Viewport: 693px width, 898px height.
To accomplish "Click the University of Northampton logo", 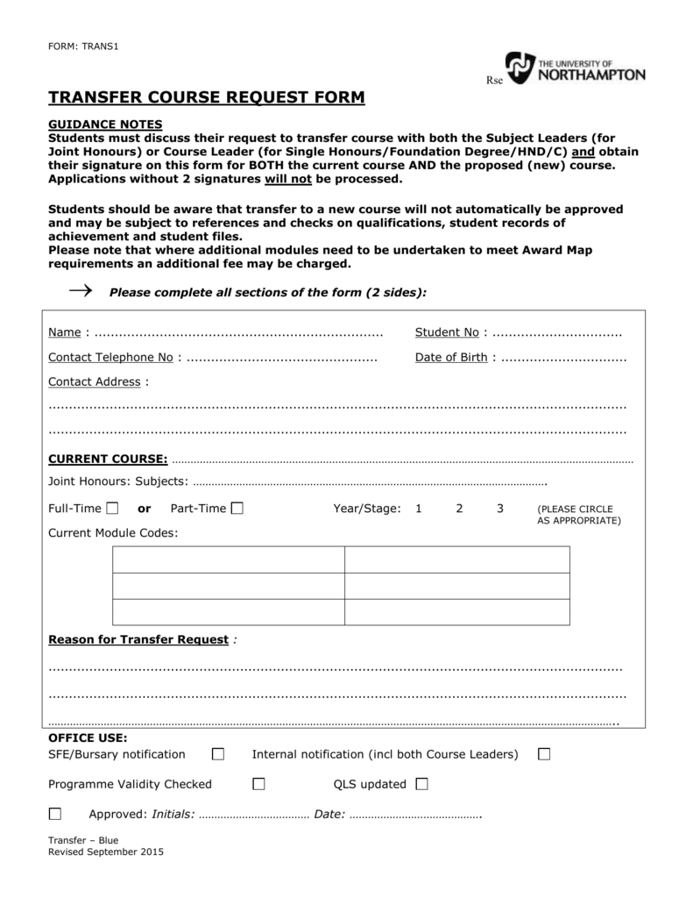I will tap(575, 68).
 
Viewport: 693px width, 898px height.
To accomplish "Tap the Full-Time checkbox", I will tap(112, 509).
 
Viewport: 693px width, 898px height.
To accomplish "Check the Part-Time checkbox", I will tap(237, 509).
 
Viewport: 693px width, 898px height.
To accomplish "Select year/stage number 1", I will tap(419, 509).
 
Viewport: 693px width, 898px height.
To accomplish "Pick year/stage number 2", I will tap(459, 509).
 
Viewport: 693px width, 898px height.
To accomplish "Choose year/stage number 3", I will tap(499, 509).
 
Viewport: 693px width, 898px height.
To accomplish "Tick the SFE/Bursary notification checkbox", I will tap(218, 754).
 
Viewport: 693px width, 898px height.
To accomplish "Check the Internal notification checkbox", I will tap(544, 754).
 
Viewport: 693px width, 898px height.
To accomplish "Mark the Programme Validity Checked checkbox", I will tap(258, 784).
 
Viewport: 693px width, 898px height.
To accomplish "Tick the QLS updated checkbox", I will tap(421, 784).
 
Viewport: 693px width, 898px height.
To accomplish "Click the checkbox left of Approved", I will tap(55, 814).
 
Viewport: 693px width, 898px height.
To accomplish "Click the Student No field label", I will tap(447, 332).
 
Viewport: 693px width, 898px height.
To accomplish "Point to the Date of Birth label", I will tap(451, 357).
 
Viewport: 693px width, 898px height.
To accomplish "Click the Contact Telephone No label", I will tap(110, 357).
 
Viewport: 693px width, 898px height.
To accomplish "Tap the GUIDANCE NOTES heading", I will tap(105, 125).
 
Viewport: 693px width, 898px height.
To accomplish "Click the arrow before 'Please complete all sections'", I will tap(80, 290).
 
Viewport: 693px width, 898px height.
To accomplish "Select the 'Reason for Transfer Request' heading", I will tap(138, 639).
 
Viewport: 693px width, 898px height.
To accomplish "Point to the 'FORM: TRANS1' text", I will tap(82, 46).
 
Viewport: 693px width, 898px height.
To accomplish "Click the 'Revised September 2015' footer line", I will tap(105, 852).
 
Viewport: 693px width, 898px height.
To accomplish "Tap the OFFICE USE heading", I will tap(88, 738).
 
